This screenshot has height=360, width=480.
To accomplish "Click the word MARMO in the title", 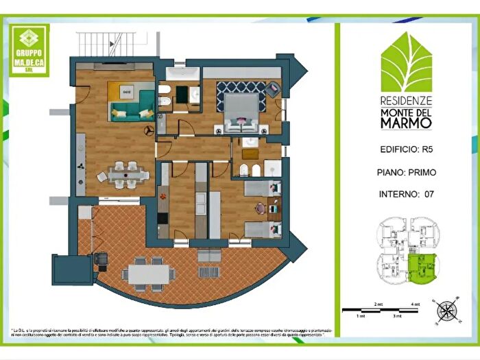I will click(406, 123).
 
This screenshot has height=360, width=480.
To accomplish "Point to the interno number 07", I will click(429, 194).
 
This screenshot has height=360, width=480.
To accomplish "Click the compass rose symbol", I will click(446, 310).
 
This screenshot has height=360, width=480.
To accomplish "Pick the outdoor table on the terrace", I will click(147, 272).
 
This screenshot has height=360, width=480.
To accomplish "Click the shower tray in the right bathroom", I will click(272, 169).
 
